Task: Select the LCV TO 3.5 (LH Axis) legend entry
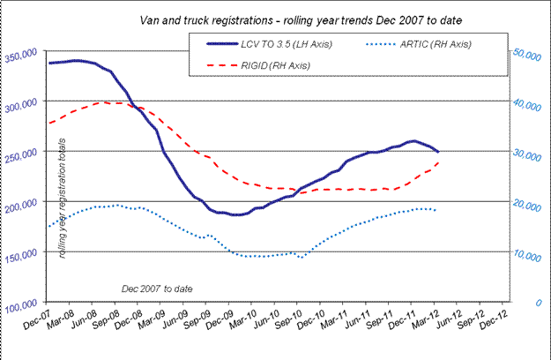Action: [x=274, y=44]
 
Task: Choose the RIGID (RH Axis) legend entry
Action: [x=274, y=64]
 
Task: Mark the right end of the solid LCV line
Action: [x=438, y=152]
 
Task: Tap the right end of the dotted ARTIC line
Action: [x=435, y=210]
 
